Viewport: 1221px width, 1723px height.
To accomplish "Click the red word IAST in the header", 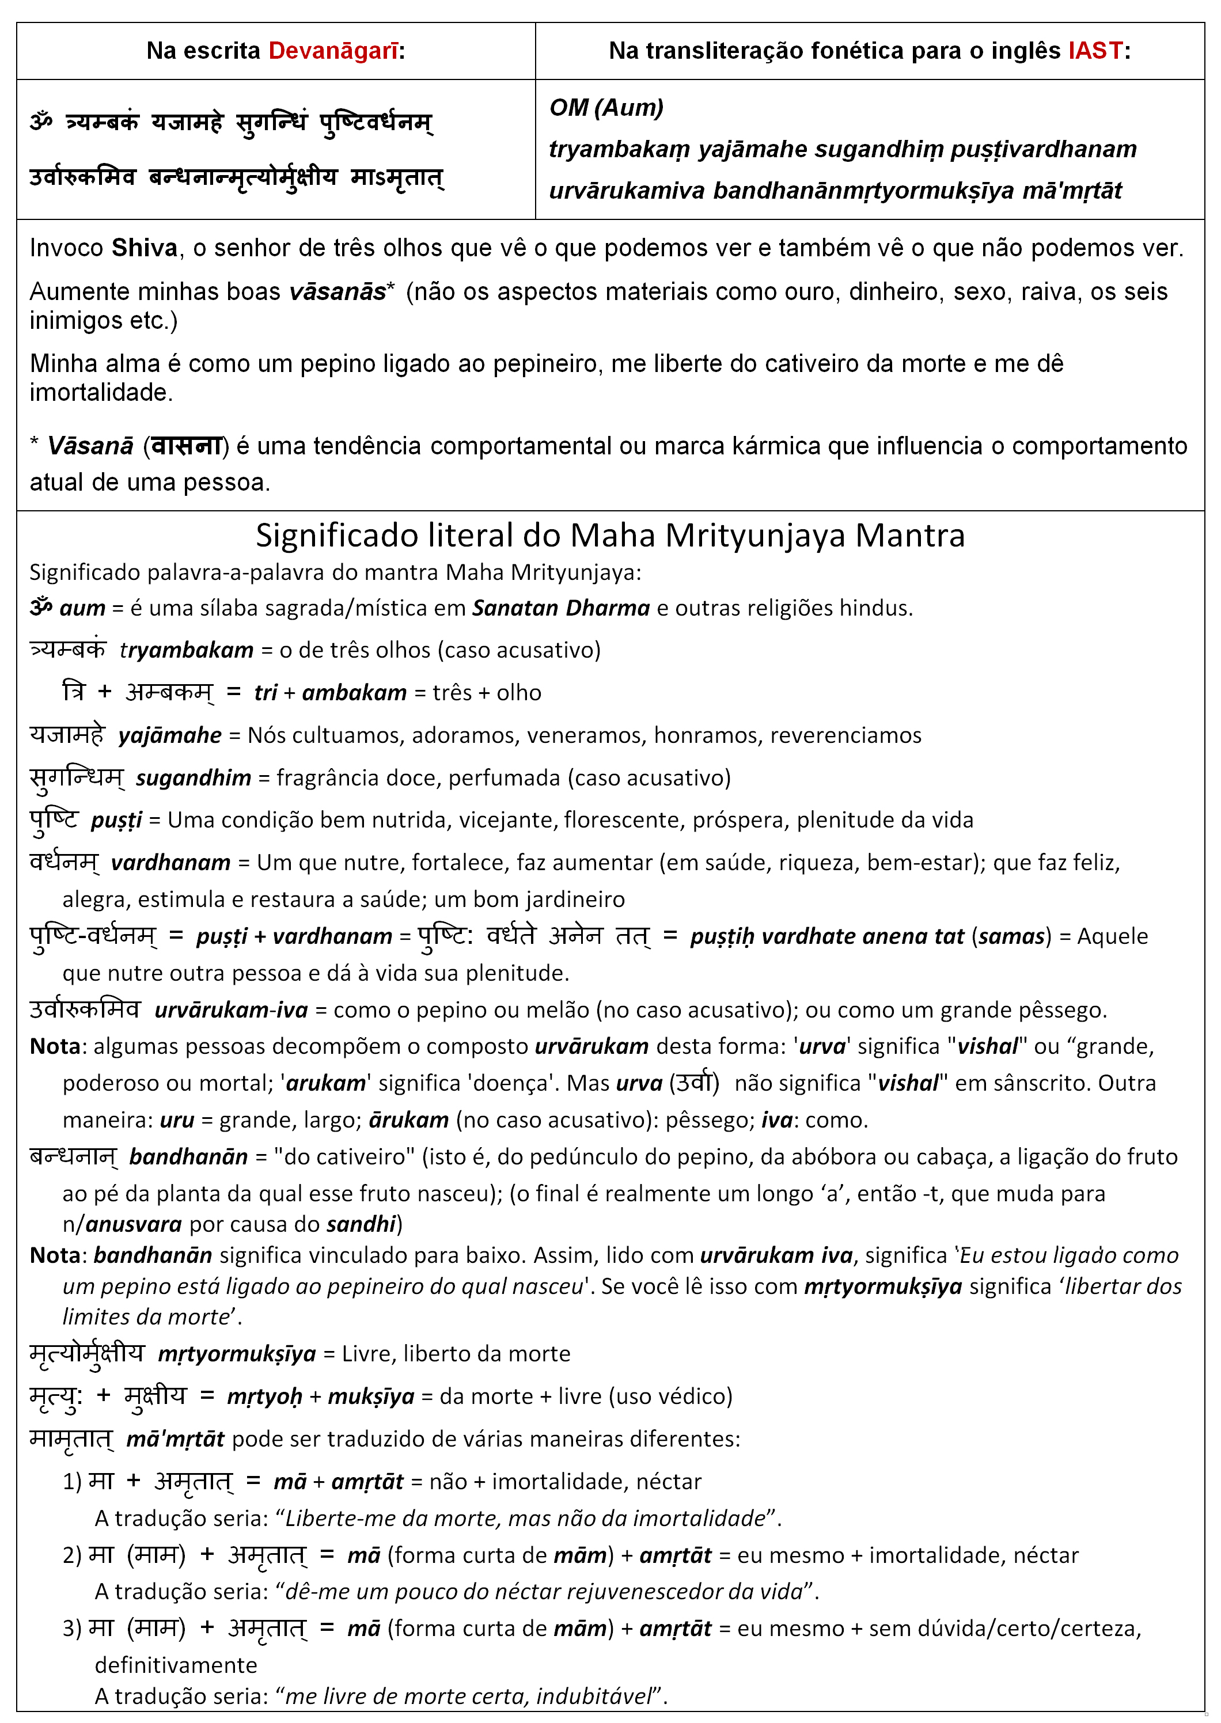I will coord(1095,50).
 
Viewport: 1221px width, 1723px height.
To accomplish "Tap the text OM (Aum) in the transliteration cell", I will coord(606,108).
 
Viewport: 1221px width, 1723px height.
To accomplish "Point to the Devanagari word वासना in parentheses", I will coord(185,446).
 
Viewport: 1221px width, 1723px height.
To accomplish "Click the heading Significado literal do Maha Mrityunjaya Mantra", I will coord(610,535).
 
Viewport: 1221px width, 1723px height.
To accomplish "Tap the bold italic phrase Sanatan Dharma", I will coord(560,608).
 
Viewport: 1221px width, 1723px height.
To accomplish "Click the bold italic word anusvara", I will coord(133,1225).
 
